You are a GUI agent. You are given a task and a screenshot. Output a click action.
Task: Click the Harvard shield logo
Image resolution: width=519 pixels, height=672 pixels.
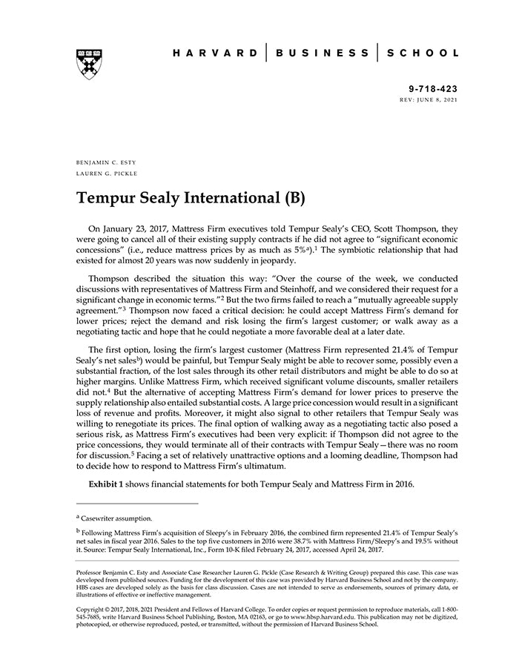point(88,64)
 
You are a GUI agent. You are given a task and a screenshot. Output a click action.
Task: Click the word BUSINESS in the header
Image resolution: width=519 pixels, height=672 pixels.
point(323,53)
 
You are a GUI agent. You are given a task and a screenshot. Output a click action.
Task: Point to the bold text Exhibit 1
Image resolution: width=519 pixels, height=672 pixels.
point(110,484)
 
